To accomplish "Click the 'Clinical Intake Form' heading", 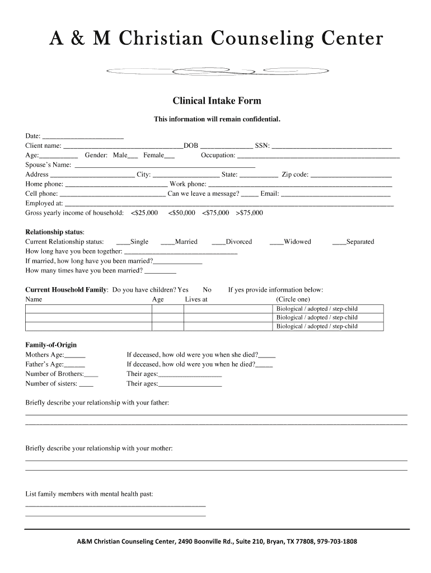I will pyautogui.click(x=216, y=101).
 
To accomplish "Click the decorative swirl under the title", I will pyautogui.click(x=217, y=71).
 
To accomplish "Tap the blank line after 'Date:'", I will pyautogui.click(x=83, y=136).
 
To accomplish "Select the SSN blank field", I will pyautogui.click(x=331, y=145).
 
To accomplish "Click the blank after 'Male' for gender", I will pyautogui.click(x=133, y=155).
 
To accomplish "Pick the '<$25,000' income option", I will pyautogui.click(x=144, y=213).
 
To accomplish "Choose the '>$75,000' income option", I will pyautogui.click(x=249, y=213).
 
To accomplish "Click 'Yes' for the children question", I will pyautogui.click(x=182, y=290).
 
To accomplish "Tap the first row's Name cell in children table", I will pyautogui.click(x=88, y=309).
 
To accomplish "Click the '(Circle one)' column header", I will pyautogui.click(x=293, y=299).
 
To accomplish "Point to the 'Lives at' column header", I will pyautogui.click(x=196, y=299).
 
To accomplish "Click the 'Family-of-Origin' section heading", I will pyautogui.click(x=51, y=345).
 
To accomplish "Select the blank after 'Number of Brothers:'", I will pyautogui.click(x=91, y=374).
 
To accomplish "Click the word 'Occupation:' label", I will pyautogui.click(x=218, y=155).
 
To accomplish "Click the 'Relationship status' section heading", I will pyautogui.click(x=55, y=232).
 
